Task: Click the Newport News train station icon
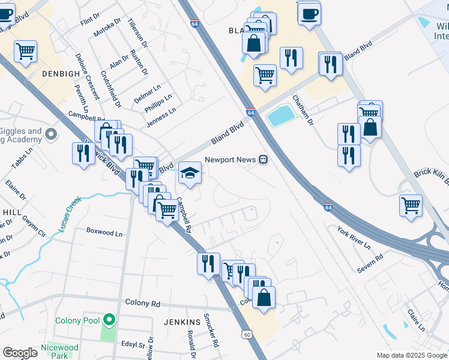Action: (x=263, y=160)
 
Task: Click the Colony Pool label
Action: (x=77, y=320)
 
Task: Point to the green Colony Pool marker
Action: (x=109, y=320)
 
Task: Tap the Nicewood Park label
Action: (x=59, y=351)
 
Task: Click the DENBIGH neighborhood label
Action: (x=61, y=74)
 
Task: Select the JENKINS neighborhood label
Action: (x=182, y=322)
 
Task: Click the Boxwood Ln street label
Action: (x=104, y=230)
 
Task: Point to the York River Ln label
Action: (x=354, y=238)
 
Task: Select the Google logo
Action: (x=20, y=353)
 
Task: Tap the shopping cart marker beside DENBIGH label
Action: (x=25, y=52)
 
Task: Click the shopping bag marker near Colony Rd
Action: (x=264, y=298)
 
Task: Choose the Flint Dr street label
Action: (x=90, y=21)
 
